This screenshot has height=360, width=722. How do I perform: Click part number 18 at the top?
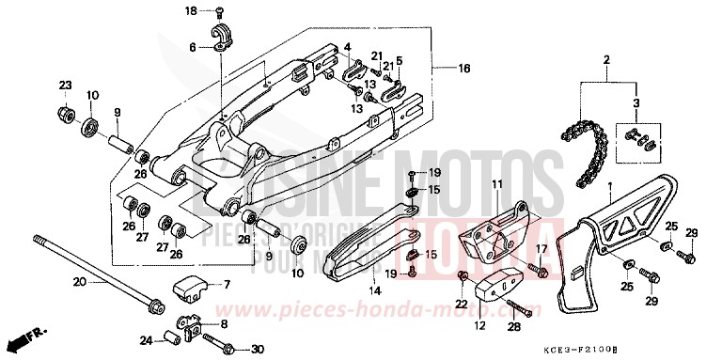click(190, 11)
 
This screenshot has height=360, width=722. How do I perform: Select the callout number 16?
click(463, 69)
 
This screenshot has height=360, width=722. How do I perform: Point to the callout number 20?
click(79, 281)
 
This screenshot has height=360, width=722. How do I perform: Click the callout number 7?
click(226, 285)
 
